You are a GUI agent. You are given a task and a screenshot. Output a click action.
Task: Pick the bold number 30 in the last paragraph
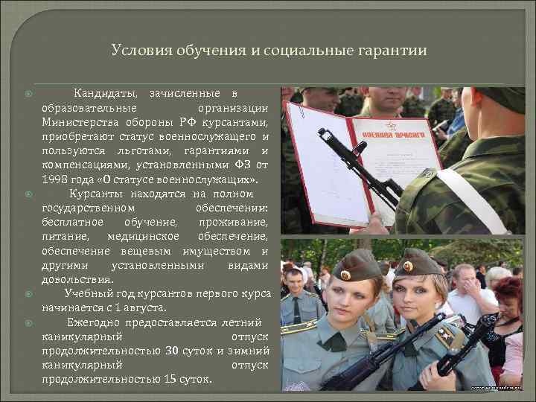[x=171, y=351]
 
